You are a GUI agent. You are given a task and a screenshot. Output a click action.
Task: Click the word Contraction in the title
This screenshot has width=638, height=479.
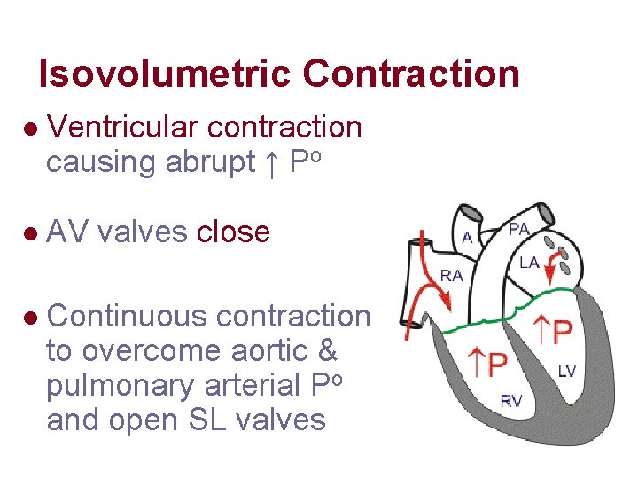[411, 74]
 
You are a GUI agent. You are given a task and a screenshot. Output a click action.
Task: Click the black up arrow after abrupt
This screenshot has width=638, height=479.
[272, 163]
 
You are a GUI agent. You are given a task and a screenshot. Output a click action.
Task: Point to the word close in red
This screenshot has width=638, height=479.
[233, 232]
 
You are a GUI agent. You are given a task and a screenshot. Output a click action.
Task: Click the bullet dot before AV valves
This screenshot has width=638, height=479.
[32, 234]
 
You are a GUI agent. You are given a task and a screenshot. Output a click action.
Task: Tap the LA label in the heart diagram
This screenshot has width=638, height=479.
[529, 262]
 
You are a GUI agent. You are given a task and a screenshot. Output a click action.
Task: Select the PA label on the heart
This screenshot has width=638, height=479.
[520, 230]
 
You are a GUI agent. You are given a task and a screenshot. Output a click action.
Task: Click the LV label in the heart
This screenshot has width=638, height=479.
[566, 370]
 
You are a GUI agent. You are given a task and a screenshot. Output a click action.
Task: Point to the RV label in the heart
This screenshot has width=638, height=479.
[511, 401]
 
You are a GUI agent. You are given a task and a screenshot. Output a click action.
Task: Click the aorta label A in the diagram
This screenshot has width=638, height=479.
[467, 237]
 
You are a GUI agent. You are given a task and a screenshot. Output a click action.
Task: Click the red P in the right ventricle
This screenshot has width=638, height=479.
[496, 363]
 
